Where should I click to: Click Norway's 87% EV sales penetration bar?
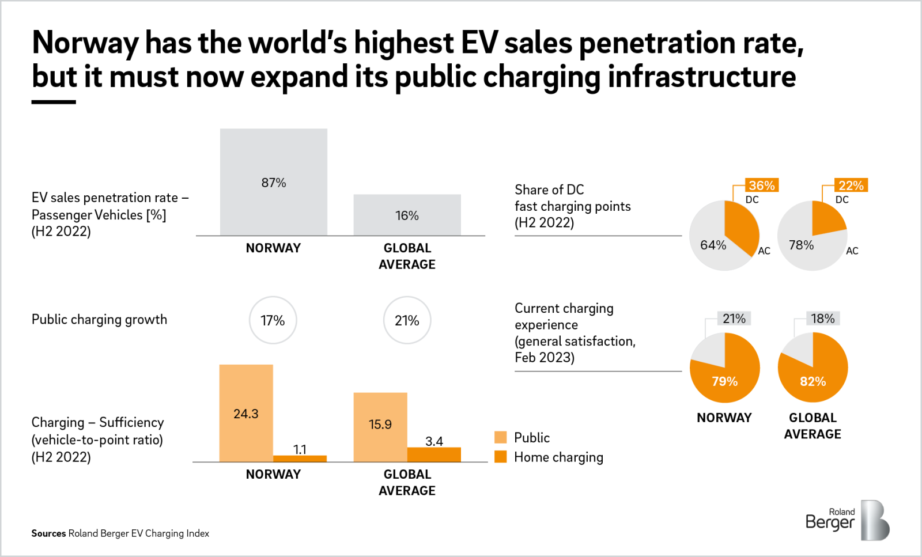(273, 181)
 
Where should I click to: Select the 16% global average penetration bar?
(407, 215)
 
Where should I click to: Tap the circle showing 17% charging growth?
(273, 320)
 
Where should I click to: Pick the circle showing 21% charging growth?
(407, 320)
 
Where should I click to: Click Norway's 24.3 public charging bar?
(246, 413)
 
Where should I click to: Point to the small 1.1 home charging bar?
(300, 459)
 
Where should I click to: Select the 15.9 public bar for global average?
(380, 427)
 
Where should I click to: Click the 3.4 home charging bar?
(434, 454)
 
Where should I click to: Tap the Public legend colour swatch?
(500, 437)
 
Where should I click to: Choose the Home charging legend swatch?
(500, 457)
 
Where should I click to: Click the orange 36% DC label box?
(761, 185)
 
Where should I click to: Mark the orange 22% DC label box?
(851, 185)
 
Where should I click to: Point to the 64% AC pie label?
(713, 245)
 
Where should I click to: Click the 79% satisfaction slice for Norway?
(725, 381)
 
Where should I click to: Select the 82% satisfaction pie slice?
(813, 381)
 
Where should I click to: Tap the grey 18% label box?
(823, 319)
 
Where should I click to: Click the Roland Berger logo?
(847, 520)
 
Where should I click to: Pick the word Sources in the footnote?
(48, 533)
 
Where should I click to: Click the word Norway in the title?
(85, 43)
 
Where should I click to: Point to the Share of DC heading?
(549, 190)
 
